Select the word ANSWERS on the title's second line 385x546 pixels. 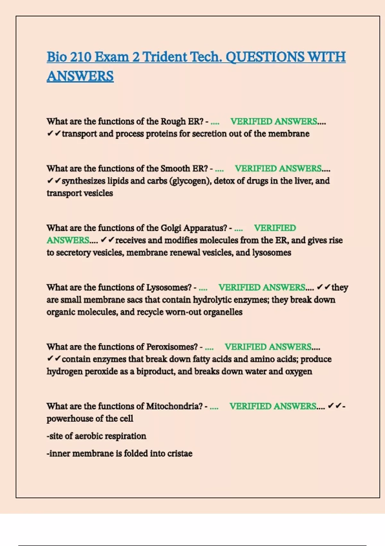pos(80,76)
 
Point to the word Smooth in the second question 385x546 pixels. pos(175,169)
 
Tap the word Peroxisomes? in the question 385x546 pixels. pos(172,347)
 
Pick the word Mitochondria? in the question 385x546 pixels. pos(175,406)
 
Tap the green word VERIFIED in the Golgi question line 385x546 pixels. pos(275,228)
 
